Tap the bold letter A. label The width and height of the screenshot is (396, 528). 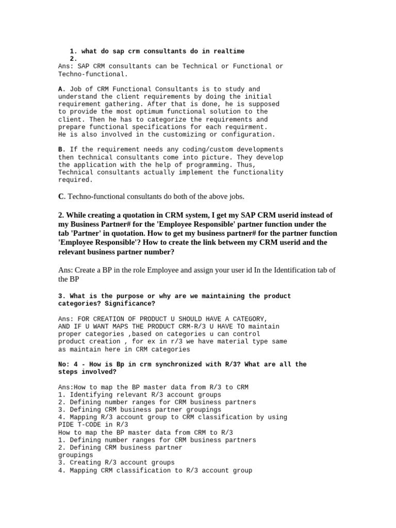pos(61,89)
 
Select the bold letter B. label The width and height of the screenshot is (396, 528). pos(61,150)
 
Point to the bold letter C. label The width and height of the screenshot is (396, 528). pos(61,196)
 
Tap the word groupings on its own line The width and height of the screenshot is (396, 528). pos(76,455)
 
